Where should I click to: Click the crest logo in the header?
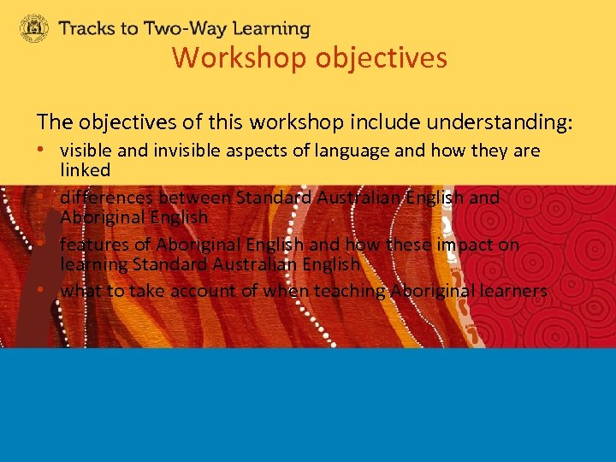point(34,28)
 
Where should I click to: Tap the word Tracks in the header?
point(87,28)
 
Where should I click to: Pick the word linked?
point(85,170)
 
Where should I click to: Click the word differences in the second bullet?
point(102,197)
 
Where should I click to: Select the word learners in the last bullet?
point(512,291)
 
